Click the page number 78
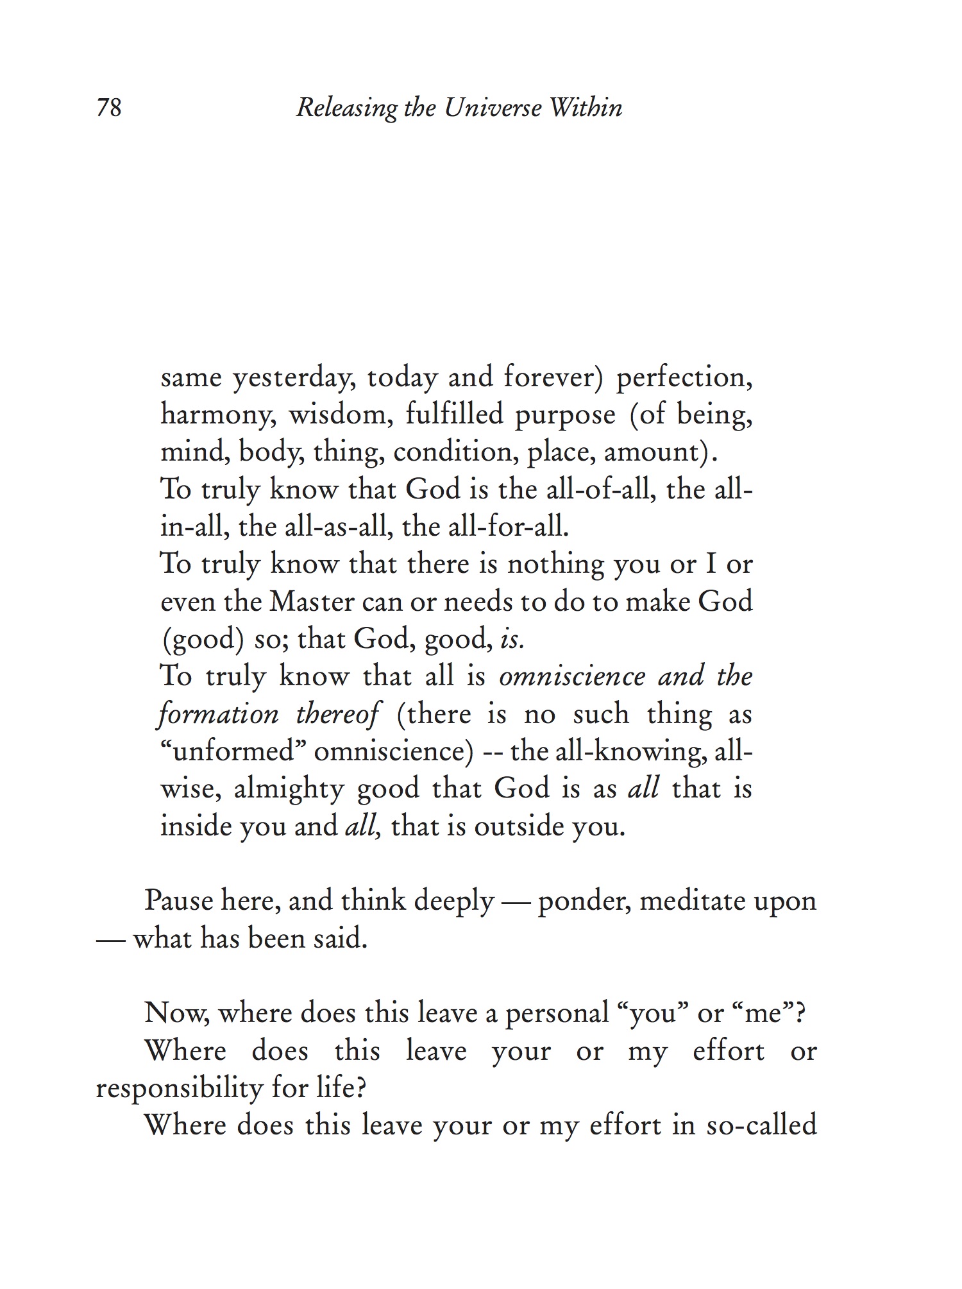coord(109,107)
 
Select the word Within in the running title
coord(586,107)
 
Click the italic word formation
coord(218,714)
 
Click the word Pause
coord(178,901)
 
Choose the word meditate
coord(690,901)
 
